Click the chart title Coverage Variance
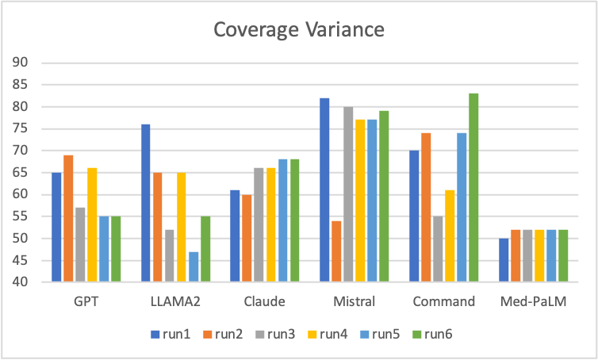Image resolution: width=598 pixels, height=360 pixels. pyautogui.click(x=298, y=30)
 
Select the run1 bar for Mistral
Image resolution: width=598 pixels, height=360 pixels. pyautogui.click(x=324, y=190)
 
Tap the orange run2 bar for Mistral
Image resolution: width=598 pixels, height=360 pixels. pyautogui.click(x=336, y=251)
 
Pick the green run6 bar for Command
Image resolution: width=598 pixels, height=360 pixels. pyautogui.click(x=473, y=187)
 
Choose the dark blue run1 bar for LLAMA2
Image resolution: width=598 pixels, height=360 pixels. pyautogui.click(x=145, y=203)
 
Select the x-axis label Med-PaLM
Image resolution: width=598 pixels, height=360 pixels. pyautogui.click(x=533, y=301)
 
